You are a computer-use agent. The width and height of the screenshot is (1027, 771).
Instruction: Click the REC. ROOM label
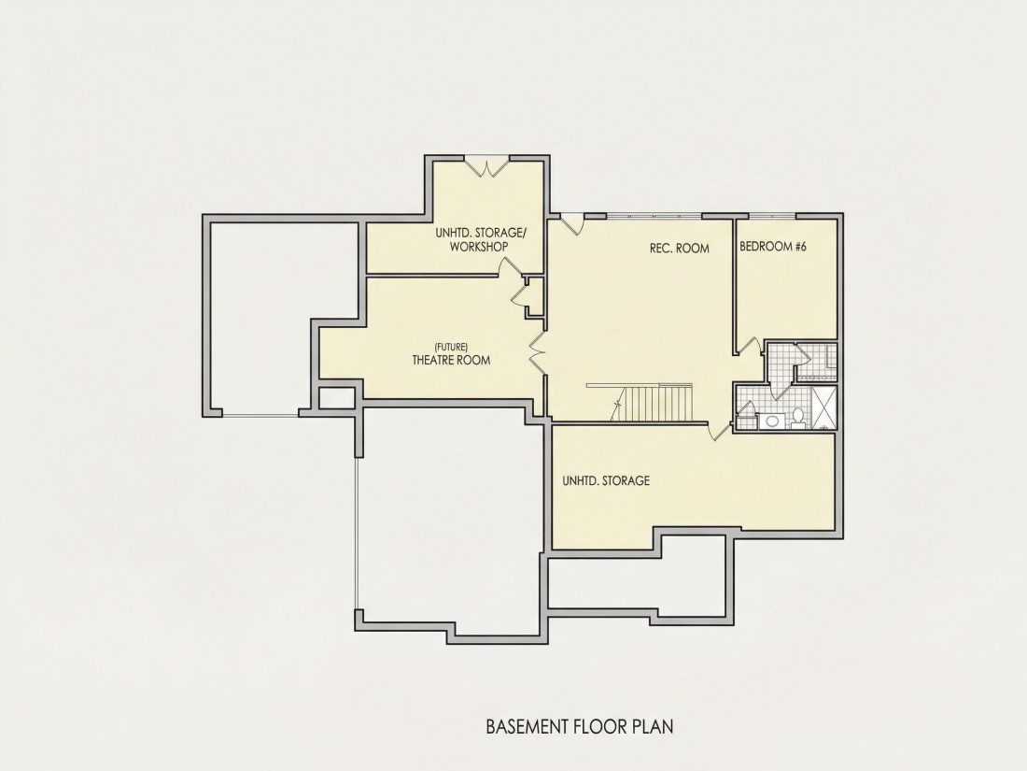tap(679, 249)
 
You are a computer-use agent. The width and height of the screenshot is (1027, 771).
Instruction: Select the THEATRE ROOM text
tap(451, 360)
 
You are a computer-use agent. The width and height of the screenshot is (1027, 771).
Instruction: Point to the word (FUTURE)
tap(451, 346)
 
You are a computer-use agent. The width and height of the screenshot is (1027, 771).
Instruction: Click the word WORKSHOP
tap(479, 247)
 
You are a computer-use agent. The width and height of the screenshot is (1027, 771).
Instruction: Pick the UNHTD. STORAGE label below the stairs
tap(606, 480)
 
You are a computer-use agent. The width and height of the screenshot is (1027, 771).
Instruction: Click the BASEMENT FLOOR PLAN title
tap(580, 726)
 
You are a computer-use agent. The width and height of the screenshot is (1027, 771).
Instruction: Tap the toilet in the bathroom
tap(797, 417)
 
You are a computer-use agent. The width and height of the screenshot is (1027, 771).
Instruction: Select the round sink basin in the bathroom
tap(772, 421)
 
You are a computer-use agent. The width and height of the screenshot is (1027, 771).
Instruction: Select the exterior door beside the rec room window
tap(572, 224)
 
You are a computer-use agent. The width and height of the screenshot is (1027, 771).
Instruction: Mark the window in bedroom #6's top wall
tap(772, 216)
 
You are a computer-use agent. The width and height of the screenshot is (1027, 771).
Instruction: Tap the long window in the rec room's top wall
tap(654, 216)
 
